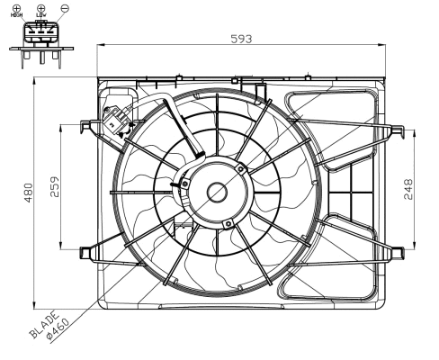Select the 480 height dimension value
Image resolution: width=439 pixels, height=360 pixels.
tap(29, 192)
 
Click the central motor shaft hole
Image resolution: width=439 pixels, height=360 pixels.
tap(217, 191)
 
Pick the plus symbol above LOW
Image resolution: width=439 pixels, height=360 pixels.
tap(41, 7)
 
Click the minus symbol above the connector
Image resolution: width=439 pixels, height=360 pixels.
tap(61, 7)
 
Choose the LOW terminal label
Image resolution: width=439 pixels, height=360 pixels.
tap(41, 16)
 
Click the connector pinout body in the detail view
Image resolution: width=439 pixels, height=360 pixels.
tap(40, 34)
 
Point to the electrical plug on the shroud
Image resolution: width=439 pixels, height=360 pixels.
tap(115, 121)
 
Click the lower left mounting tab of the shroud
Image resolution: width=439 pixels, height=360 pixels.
tap(87, 251)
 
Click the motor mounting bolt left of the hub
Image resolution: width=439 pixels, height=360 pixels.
tap(184, 184)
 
